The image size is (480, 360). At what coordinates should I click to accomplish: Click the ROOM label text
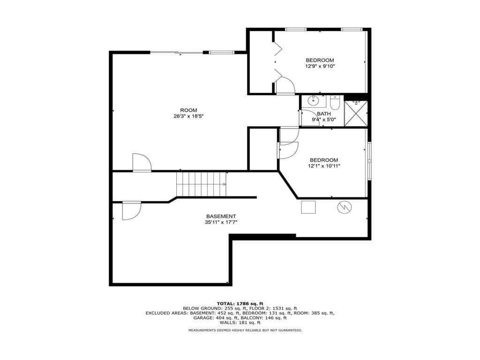(x=188, y=110)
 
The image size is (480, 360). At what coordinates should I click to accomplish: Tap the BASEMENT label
(x=221, y=217)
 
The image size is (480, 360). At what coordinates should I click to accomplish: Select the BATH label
(x=324, y=114)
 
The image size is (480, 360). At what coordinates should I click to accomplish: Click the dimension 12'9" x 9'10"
(x=320, y=66)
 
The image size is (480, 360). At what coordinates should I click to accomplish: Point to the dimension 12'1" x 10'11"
(x=324, y=166)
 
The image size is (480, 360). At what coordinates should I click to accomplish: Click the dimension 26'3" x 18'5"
(x=188, y=116)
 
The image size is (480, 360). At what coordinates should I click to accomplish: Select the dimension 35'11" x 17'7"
(x=221, y=223)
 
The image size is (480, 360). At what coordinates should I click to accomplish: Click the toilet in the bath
(x=335, y=102)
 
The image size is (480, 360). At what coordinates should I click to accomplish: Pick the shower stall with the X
(x=356, y=113)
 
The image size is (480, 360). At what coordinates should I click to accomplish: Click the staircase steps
(x=202, y=184)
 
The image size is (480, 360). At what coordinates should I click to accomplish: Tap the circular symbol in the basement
(x=345, y=207)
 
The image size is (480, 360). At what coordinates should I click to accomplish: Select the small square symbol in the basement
(x=308, y=207)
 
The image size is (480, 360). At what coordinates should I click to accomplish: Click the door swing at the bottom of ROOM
(x=142, y=162)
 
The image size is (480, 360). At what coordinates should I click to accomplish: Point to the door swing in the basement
(x=132, y=210)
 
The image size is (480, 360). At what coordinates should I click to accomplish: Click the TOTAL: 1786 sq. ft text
(x=240, y=304)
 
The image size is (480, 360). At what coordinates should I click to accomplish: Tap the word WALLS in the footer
(x=228, y=322)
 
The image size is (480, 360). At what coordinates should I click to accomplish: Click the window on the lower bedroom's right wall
(x=369, y=160)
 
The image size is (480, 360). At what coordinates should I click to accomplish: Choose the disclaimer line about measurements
(x=245, y=330)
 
